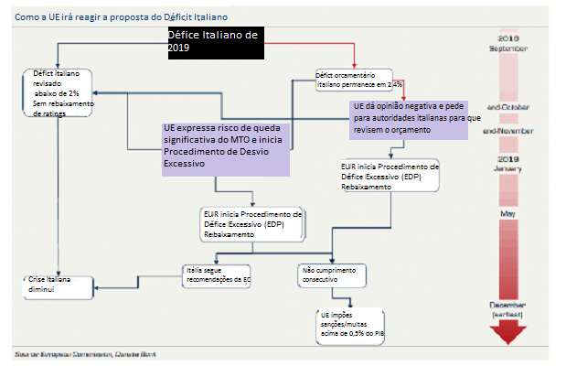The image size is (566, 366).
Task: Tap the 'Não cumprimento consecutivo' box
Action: coord(332,274)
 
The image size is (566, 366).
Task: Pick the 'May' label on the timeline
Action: coord(506,215)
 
